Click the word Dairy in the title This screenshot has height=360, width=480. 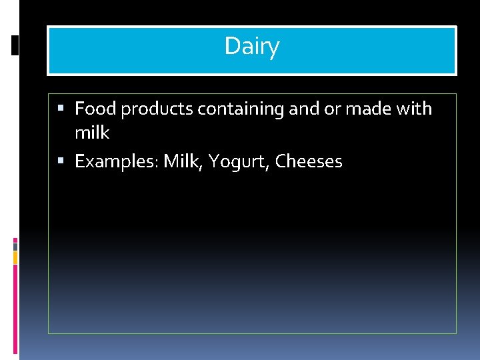[x=251, y=47]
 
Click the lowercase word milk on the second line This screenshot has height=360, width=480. [x=92, y=133]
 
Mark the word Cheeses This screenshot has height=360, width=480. [x=309, y=162]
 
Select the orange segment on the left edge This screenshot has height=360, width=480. [x=15, y=257]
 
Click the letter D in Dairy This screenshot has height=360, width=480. [x=231, y=47]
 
